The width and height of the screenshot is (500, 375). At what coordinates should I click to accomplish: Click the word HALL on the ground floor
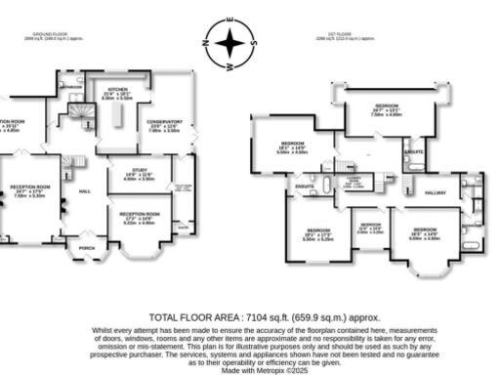click(x=84, y=190)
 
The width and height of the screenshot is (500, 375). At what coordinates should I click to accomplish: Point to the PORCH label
click(x=87, y=248)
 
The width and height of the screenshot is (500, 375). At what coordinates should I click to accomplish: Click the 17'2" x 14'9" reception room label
click(x=139, y=213)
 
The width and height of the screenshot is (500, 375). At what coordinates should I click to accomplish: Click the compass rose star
click(x=229, y=43)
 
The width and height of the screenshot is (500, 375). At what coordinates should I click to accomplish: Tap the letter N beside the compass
click(x=205, y=43)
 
